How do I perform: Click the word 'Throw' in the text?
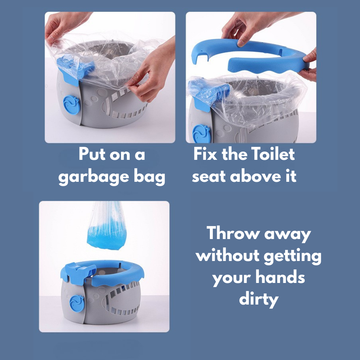coord(233,234)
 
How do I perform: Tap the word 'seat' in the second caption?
coord(209,177)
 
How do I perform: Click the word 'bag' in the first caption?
coord(149,177)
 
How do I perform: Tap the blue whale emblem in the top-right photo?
coord(200,133)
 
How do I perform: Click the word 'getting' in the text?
coord(292,256)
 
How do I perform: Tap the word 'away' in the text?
coord(287,234)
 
